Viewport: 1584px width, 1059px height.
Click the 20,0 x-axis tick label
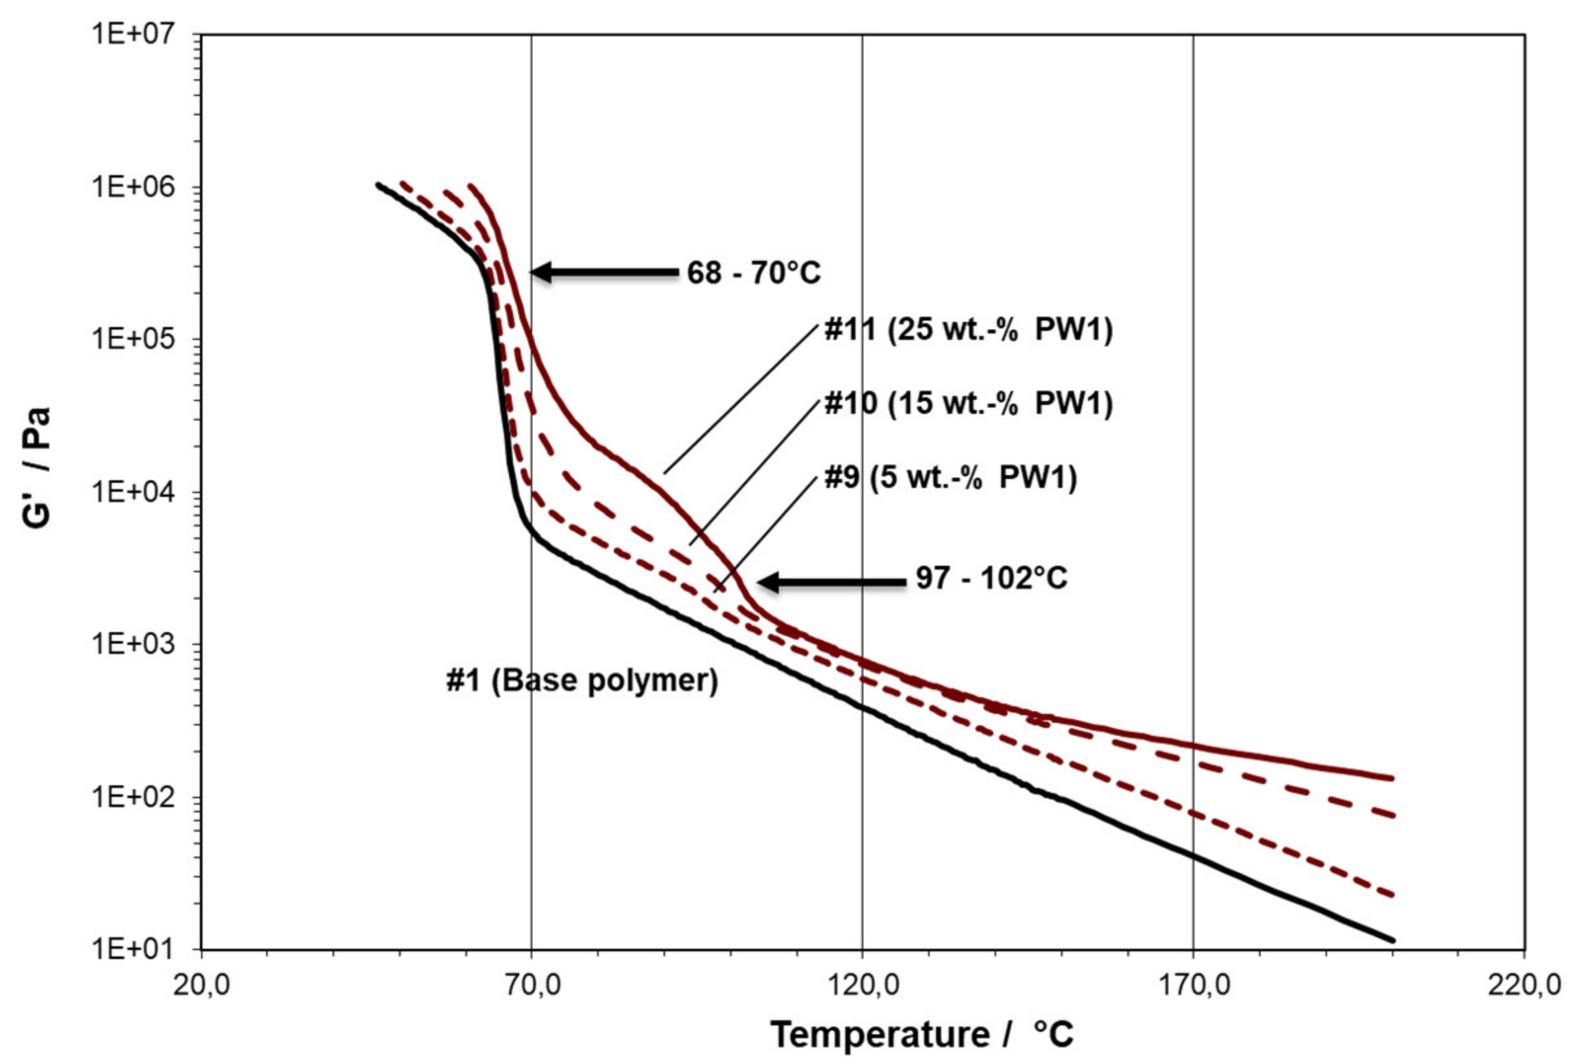(201, 986)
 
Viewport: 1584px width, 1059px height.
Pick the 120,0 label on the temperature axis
(863, 986)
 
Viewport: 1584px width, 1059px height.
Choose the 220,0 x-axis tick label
(1523, 986)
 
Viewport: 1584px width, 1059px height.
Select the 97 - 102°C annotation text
(991, 579)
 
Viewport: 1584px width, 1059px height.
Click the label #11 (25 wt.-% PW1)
(968, 330)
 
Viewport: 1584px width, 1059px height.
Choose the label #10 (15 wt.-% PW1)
(968, 403)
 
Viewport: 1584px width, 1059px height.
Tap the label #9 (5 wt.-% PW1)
(950, 478)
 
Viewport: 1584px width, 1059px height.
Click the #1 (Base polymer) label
(582, 681)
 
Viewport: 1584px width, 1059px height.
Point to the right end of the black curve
(1392, 940)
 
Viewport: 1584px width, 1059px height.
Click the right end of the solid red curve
(1392, 778)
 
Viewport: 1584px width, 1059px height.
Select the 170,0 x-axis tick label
(1193, 986)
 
